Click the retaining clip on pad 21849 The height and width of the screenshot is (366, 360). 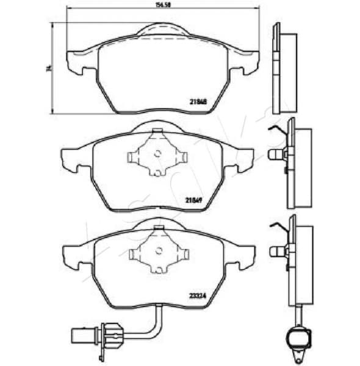[x=156, y=156]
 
